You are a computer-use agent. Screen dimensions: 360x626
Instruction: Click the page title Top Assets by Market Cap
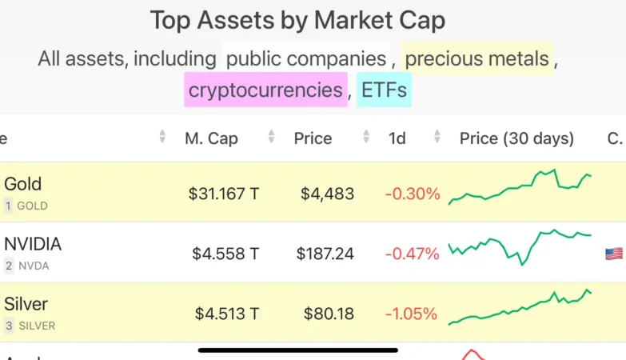click(297, 21)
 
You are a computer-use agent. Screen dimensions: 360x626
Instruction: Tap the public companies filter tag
click(306, 58)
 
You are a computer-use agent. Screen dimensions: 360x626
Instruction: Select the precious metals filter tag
click(477, 58)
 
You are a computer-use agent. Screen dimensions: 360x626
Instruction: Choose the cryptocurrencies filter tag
click(265, 89)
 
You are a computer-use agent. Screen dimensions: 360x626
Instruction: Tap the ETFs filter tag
click(384, 89)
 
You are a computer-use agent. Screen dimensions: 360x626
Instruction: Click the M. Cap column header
click(211, 138)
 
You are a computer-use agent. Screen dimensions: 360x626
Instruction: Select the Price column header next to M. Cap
click(313, 138)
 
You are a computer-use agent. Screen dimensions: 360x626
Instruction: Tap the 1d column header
click(397, 138)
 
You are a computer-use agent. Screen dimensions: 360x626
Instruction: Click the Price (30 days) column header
click(516, 138)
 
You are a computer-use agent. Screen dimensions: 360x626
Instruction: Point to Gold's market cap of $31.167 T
click(224, 194)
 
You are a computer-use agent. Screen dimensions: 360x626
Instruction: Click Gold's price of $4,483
click(328, 194)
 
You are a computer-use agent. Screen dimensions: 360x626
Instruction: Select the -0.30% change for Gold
click(413, 194)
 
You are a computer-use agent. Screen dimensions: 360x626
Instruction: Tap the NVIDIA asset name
click(33, 244)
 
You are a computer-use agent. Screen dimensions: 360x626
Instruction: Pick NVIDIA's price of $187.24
click(325, 254)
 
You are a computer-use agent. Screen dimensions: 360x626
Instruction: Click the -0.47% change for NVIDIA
click(413, 254)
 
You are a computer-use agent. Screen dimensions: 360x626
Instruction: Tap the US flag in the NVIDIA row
click(614, 254)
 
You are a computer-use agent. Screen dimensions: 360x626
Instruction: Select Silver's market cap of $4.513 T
click(227, 314)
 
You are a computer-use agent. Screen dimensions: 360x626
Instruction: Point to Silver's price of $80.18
click(329, 314)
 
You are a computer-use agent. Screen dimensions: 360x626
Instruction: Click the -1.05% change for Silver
click(413, 314)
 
